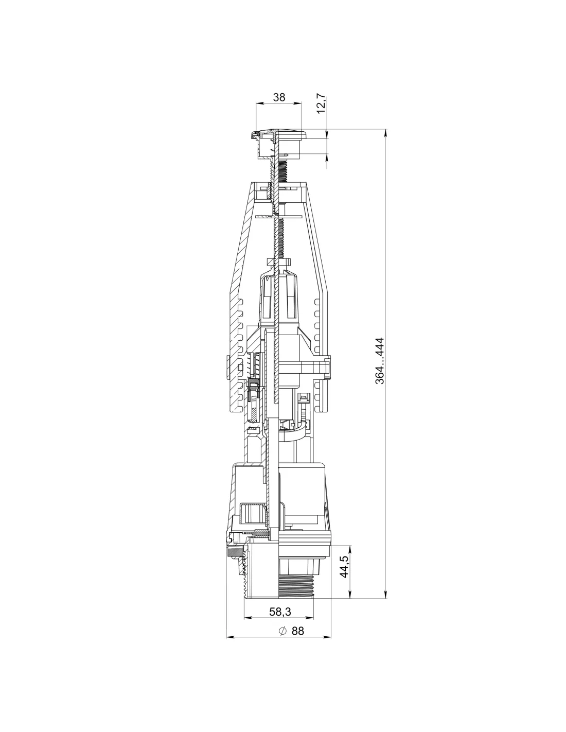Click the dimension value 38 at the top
point(279,97)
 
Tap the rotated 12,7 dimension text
point(322,103)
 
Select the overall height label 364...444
point(379,360)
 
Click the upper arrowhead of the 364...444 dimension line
point(385,133)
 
